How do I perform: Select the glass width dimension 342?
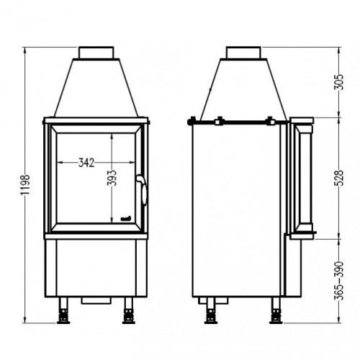(x=86, y=162)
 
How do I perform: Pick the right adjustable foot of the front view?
(x=130, y=315)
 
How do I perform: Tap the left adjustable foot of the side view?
(x=211, y=315)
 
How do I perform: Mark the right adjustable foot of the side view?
(x=276, y=315)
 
